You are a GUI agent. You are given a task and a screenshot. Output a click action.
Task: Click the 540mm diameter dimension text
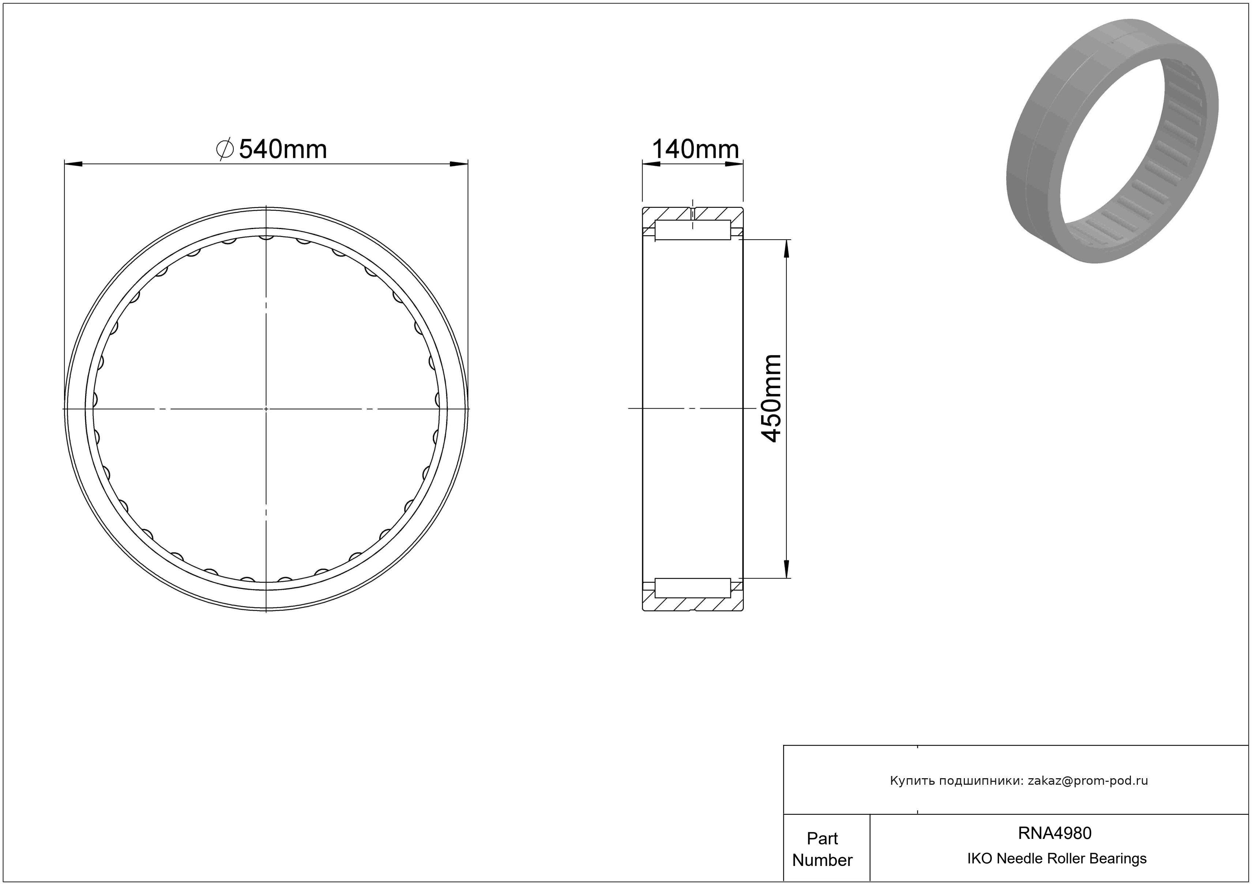(282, 149)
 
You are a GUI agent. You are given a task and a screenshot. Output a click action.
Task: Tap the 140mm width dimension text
(695, 149)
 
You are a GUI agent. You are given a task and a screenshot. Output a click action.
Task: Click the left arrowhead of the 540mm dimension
(73, 164)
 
